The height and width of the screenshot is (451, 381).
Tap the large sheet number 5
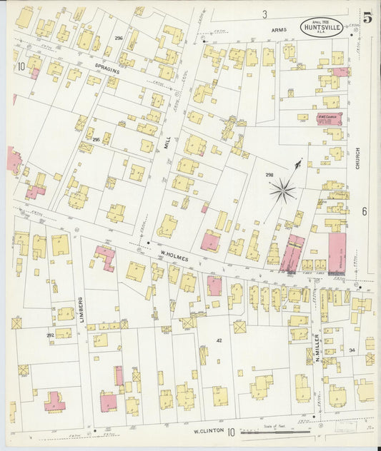point(367,19)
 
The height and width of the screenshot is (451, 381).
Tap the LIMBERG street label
point(81,308)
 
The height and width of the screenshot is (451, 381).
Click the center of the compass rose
point(284,190)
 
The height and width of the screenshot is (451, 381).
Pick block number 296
point(119,38)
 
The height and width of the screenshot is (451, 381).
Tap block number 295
point(96,140)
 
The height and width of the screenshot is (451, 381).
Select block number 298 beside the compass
point(269,174)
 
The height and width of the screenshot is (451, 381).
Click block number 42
point(219,340)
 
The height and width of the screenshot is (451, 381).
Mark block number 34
point(352,350)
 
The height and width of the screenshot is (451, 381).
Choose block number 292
point(50,335)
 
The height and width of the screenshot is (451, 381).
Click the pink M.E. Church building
point(330,118)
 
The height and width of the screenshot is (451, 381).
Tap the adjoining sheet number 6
point(364,211)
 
